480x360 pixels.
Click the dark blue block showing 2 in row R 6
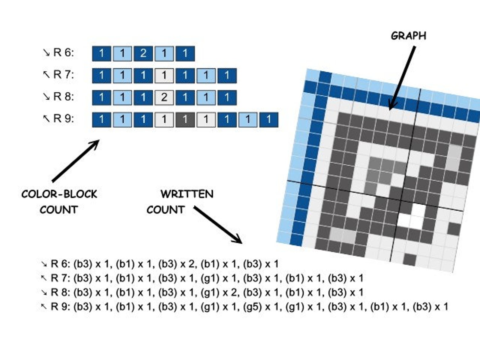coord(143,54)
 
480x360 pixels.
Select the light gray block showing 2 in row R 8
coord(164,98)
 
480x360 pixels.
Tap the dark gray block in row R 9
coord(185,120)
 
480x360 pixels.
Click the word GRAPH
coord(408,36)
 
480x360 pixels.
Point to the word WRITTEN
coord(187,194)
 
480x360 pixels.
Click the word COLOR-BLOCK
coord(59,194)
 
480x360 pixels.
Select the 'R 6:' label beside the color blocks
coord(64,53)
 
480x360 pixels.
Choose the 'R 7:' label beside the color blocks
coord(64,75)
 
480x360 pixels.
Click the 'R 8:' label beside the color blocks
coord(64,97)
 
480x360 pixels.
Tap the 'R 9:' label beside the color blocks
coord(64,119)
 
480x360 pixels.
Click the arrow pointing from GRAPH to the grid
coord(402,78)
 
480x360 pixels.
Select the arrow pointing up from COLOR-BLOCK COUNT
coord(76,161)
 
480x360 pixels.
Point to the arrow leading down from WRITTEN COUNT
coord(218,225)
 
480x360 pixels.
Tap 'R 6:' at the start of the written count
coord(60,264)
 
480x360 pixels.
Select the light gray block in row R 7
coord(164,76)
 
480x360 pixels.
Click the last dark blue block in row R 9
coord(269,120)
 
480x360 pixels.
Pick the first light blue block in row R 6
coord(122,54)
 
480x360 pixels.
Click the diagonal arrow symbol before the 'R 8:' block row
coord(47,97)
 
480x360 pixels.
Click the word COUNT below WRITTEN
coord(166,210)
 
